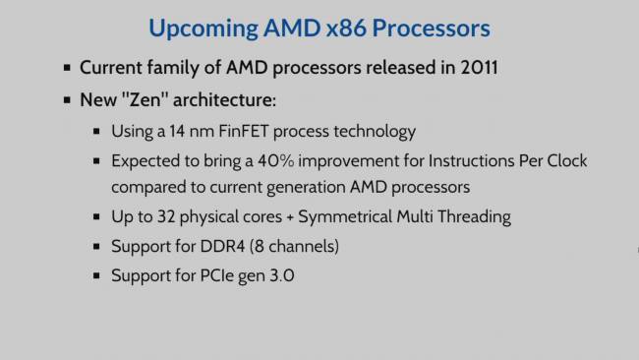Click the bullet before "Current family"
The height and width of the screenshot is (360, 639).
point(67,70)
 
